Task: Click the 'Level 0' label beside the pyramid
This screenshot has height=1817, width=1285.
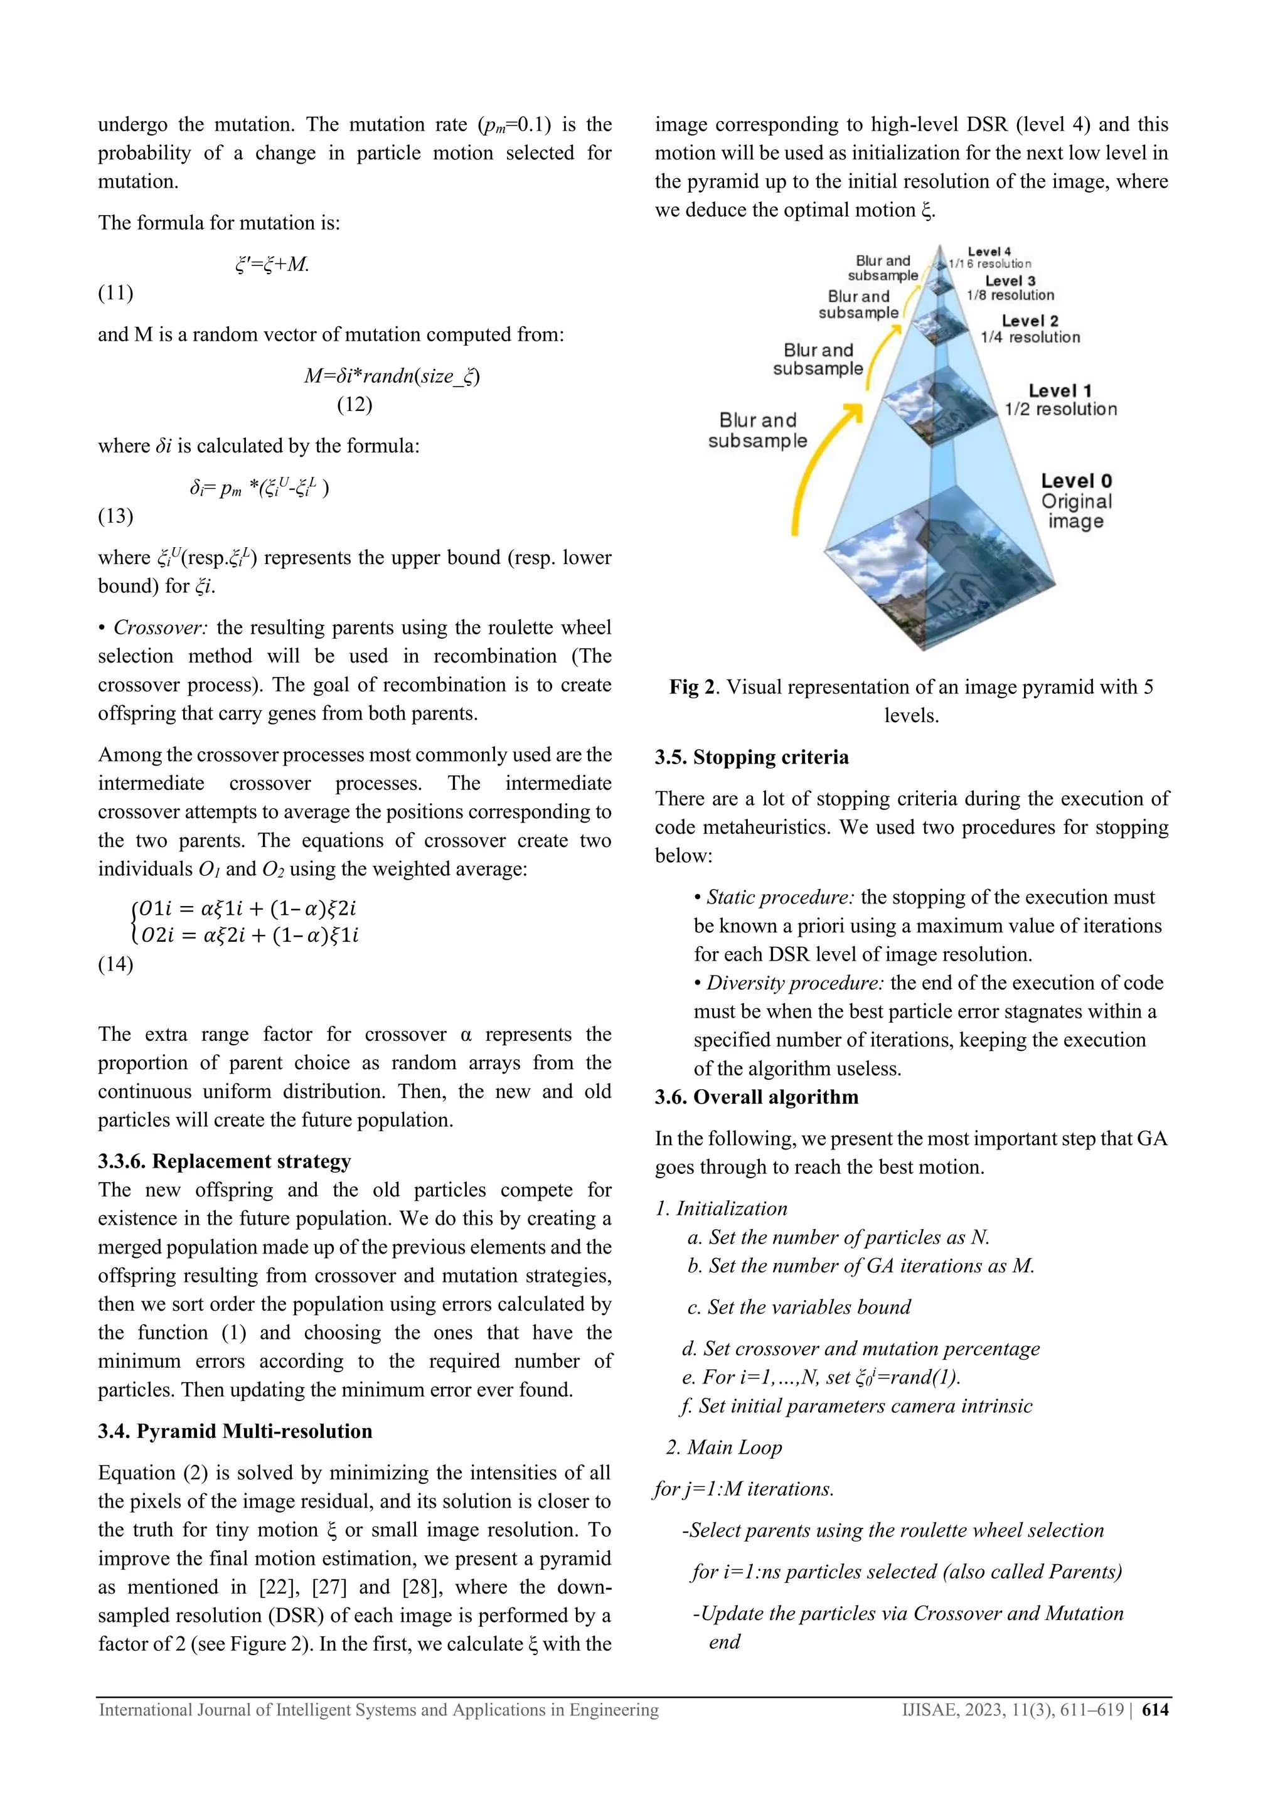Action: [1076, 481]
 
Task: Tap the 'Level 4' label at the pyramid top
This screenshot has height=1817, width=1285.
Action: [989, 252]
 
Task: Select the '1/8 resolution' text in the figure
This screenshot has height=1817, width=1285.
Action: [1010, 295]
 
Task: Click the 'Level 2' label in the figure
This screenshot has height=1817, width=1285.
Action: [1030, 321]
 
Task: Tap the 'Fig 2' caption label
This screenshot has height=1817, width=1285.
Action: [693, 687]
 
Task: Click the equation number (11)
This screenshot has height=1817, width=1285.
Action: [115, 293]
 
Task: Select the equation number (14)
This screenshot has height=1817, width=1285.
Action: [115, 964]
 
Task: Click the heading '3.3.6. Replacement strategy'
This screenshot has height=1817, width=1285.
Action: [225, 1161]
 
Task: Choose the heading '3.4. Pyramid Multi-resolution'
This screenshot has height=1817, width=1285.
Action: [235, 1431]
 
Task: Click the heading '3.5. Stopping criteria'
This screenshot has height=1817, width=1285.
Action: [752, 757]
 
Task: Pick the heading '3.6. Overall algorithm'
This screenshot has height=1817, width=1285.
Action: [757, 1097]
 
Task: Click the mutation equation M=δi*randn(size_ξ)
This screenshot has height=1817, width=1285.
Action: [392, 375]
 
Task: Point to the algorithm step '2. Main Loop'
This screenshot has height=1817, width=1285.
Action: [723, 1447]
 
